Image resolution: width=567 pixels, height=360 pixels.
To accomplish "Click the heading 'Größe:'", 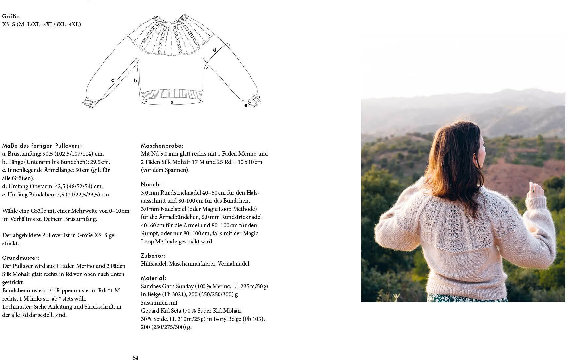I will point(12,16).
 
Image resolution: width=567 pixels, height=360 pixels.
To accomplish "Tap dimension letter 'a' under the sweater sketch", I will point(172,102).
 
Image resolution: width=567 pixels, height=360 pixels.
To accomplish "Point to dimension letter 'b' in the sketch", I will point(135,81).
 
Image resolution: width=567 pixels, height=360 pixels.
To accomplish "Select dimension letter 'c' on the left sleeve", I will point(113,80).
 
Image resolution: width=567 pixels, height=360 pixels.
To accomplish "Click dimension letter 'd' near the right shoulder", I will point(215,50).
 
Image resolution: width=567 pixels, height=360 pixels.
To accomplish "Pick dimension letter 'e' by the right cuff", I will point(246,105).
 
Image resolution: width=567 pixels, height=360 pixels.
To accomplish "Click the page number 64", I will point(135,358).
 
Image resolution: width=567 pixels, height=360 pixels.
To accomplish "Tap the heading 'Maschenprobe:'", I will point(162,146).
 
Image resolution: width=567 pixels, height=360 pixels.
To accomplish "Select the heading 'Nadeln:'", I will point(152,184).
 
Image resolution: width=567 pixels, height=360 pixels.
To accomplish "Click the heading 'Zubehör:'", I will point(153,256).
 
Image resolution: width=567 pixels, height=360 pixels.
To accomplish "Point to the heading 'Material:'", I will point(154,278).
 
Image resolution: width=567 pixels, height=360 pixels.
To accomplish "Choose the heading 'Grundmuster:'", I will point(21,258).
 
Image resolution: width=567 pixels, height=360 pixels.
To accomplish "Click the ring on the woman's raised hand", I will point(533,190).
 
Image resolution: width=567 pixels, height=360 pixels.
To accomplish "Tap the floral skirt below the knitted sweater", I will point(464,298).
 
